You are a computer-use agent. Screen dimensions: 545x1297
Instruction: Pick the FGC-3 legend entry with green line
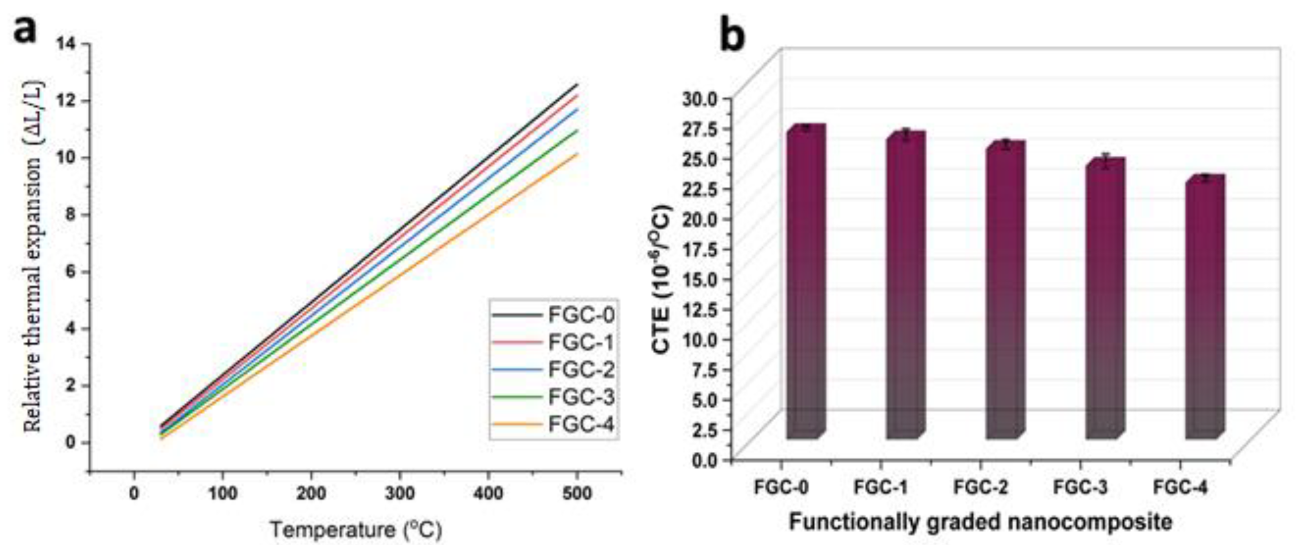[554, 397]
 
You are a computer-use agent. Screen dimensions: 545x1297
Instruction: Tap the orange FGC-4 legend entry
[554, 424]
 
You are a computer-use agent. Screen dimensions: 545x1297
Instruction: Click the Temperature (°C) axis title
[356, 529]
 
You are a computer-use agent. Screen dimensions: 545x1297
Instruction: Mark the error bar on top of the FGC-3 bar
[1105, 162]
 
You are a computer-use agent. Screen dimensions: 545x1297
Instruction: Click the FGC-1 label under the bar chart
[881, 488]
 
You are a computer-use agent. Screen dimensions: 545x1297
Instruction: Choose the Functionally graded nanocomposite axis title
[980, 522]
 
